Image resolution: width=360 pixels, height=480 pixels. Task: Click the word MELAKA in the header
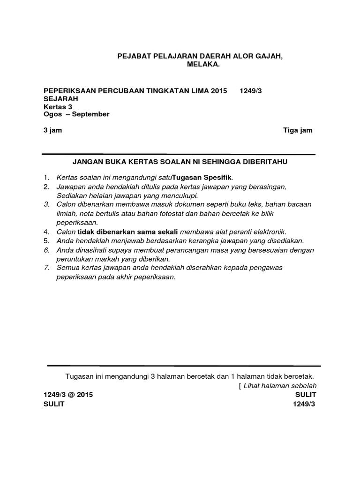point(203,64)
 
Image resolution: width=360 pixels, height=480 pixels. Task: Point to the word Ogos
point(52,114)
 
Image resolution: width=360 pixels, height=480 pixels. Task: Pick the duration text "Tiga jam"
point(298,130)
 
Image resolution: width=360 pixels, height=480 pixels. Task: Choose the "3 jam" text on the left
point(52,130)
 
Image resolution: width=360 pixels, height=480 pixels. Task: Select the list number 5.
point(46,241)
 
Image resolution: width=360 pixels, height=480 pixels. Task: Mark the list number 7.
point(46,268)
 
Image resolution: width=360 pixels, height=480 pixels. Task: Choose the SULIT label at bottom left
point(54,405)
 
